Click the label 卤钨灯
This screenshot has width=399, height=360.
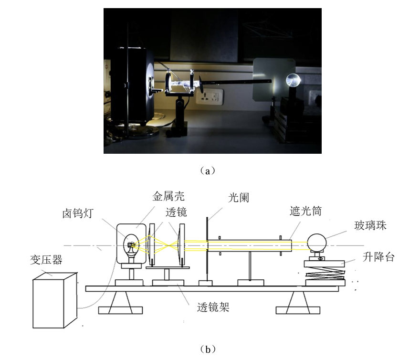(x=78, y=213)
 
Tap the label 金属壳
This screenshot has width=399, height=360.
(x=168, y=196)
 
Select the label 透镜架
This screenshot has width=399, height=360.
(x=213, y=307)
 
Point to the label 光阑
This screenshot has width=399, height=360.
(x=239, y=198)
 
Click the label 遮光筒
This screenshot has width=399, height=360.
(x=305, y=211)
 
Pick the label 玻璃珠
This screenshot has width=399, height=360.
(x=370, y=225)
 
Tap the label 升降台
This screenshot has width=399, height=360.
(x=378, y=257)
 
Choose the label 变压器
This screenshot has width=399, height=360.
(x=46, y=260)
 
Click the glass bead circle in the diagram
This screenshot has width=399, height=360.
(x=316, y=243)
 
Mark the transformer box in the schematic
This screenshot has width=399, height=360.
(x=55, y=300)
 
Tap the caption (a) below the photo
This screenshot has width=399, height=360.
(x=208, y=171)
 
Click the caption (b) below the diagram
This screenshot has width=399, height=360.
(x=208, y=349)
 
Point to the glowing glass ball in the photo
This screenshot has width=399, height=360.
(x=293, y=80)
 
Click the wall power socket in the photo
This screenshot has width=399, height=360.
(x=210, y=97)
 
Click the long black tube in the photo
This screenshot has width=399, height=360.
(x=235, y=82)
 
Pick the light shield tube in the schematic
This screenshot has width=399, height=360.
(x=250, y=246)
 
